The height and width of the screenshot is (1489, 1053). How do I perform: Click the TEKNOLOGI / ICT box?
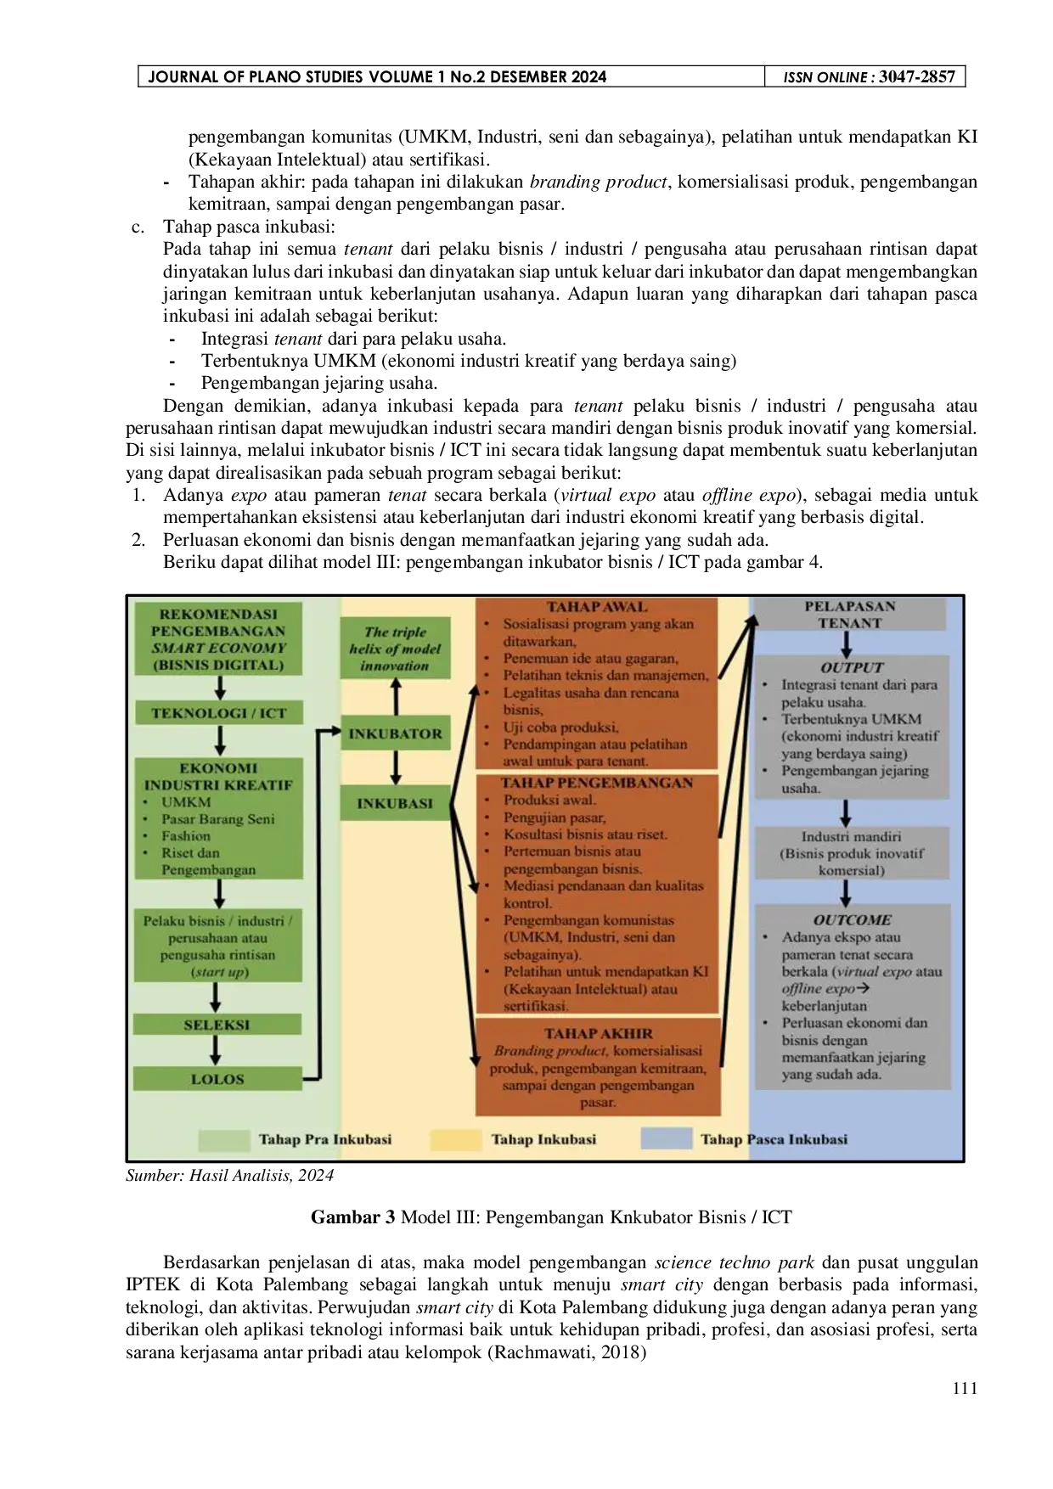coord(218,713)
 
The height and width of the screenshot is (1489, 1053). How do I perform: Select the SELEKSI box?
coord(217,1025)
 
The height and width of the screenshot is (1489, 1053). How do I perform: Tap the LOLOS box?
coord(217,1079)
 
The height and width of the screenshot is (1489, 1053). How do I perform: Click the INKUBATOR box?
coord(395,733)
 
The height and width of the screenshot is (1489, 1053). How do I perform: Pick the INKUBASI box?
coord(395,803)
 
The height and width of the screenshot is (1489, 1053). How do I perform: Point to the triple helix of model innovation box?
coord(395,649)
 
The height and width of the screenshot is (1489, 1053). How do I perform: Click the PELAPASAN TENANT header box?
coord(849,615)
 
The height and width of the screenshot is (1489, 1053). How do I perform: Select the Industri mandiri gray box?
coord(851,853)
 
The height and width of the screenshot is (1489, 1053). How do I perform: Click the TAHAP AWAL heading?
coord(597,607)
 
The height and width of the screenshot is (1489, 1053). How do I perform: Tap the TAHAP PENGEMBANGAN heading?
coord(597,783)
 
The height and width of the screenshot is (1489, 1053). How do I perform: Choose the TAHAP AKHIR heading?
coord(599,1033)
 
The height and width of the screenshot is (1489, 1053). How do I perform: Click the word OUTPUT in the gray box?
coord(852,667)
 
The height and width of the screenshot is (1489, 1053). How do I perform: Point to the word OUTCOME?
coord(852,919)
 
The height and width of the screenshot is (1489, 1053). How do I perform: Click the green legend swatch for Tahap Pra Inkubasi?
coord(223,1139)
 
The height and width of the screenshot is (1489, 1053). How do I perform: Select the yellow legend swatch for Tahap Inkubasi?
coord(455,1139)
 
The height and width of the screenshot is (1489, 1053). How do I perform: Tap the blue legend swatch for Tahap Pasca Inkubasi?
coord(666,1139)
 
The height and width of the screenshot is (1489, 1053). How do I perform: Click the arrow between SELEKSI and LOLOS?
coord(216,1050)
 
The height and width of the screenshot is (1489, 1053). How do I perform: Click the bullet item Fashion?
coord(186,835)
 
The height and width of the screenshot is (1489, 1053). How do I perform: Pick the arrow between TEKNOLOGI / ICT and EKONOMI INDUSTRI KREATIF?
coord(219,740)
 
